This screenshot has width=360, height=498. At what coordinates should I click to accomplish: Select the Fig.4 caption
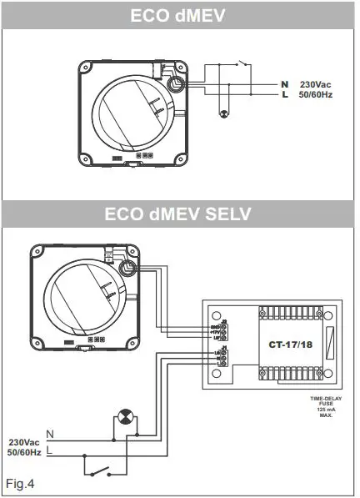coord(20,483)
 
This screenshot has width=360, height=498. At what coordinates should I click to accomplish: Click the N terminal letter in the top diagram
coord(284,85)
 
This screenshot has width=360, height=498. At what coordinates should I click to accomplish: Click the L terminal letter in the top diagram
coord(284,97)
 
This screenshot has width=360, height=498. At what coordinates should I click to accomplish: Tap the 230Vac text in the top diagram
coord(317,85)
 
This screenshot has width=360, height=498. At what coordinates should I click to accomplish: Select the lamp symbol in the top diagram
coord(222,113)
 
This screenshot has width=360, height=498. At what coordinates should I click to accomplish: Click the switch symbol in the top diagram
coord(243,64)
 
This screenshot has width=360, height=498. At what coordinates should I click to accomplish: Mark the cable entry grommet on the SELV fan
coord(129,268)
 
